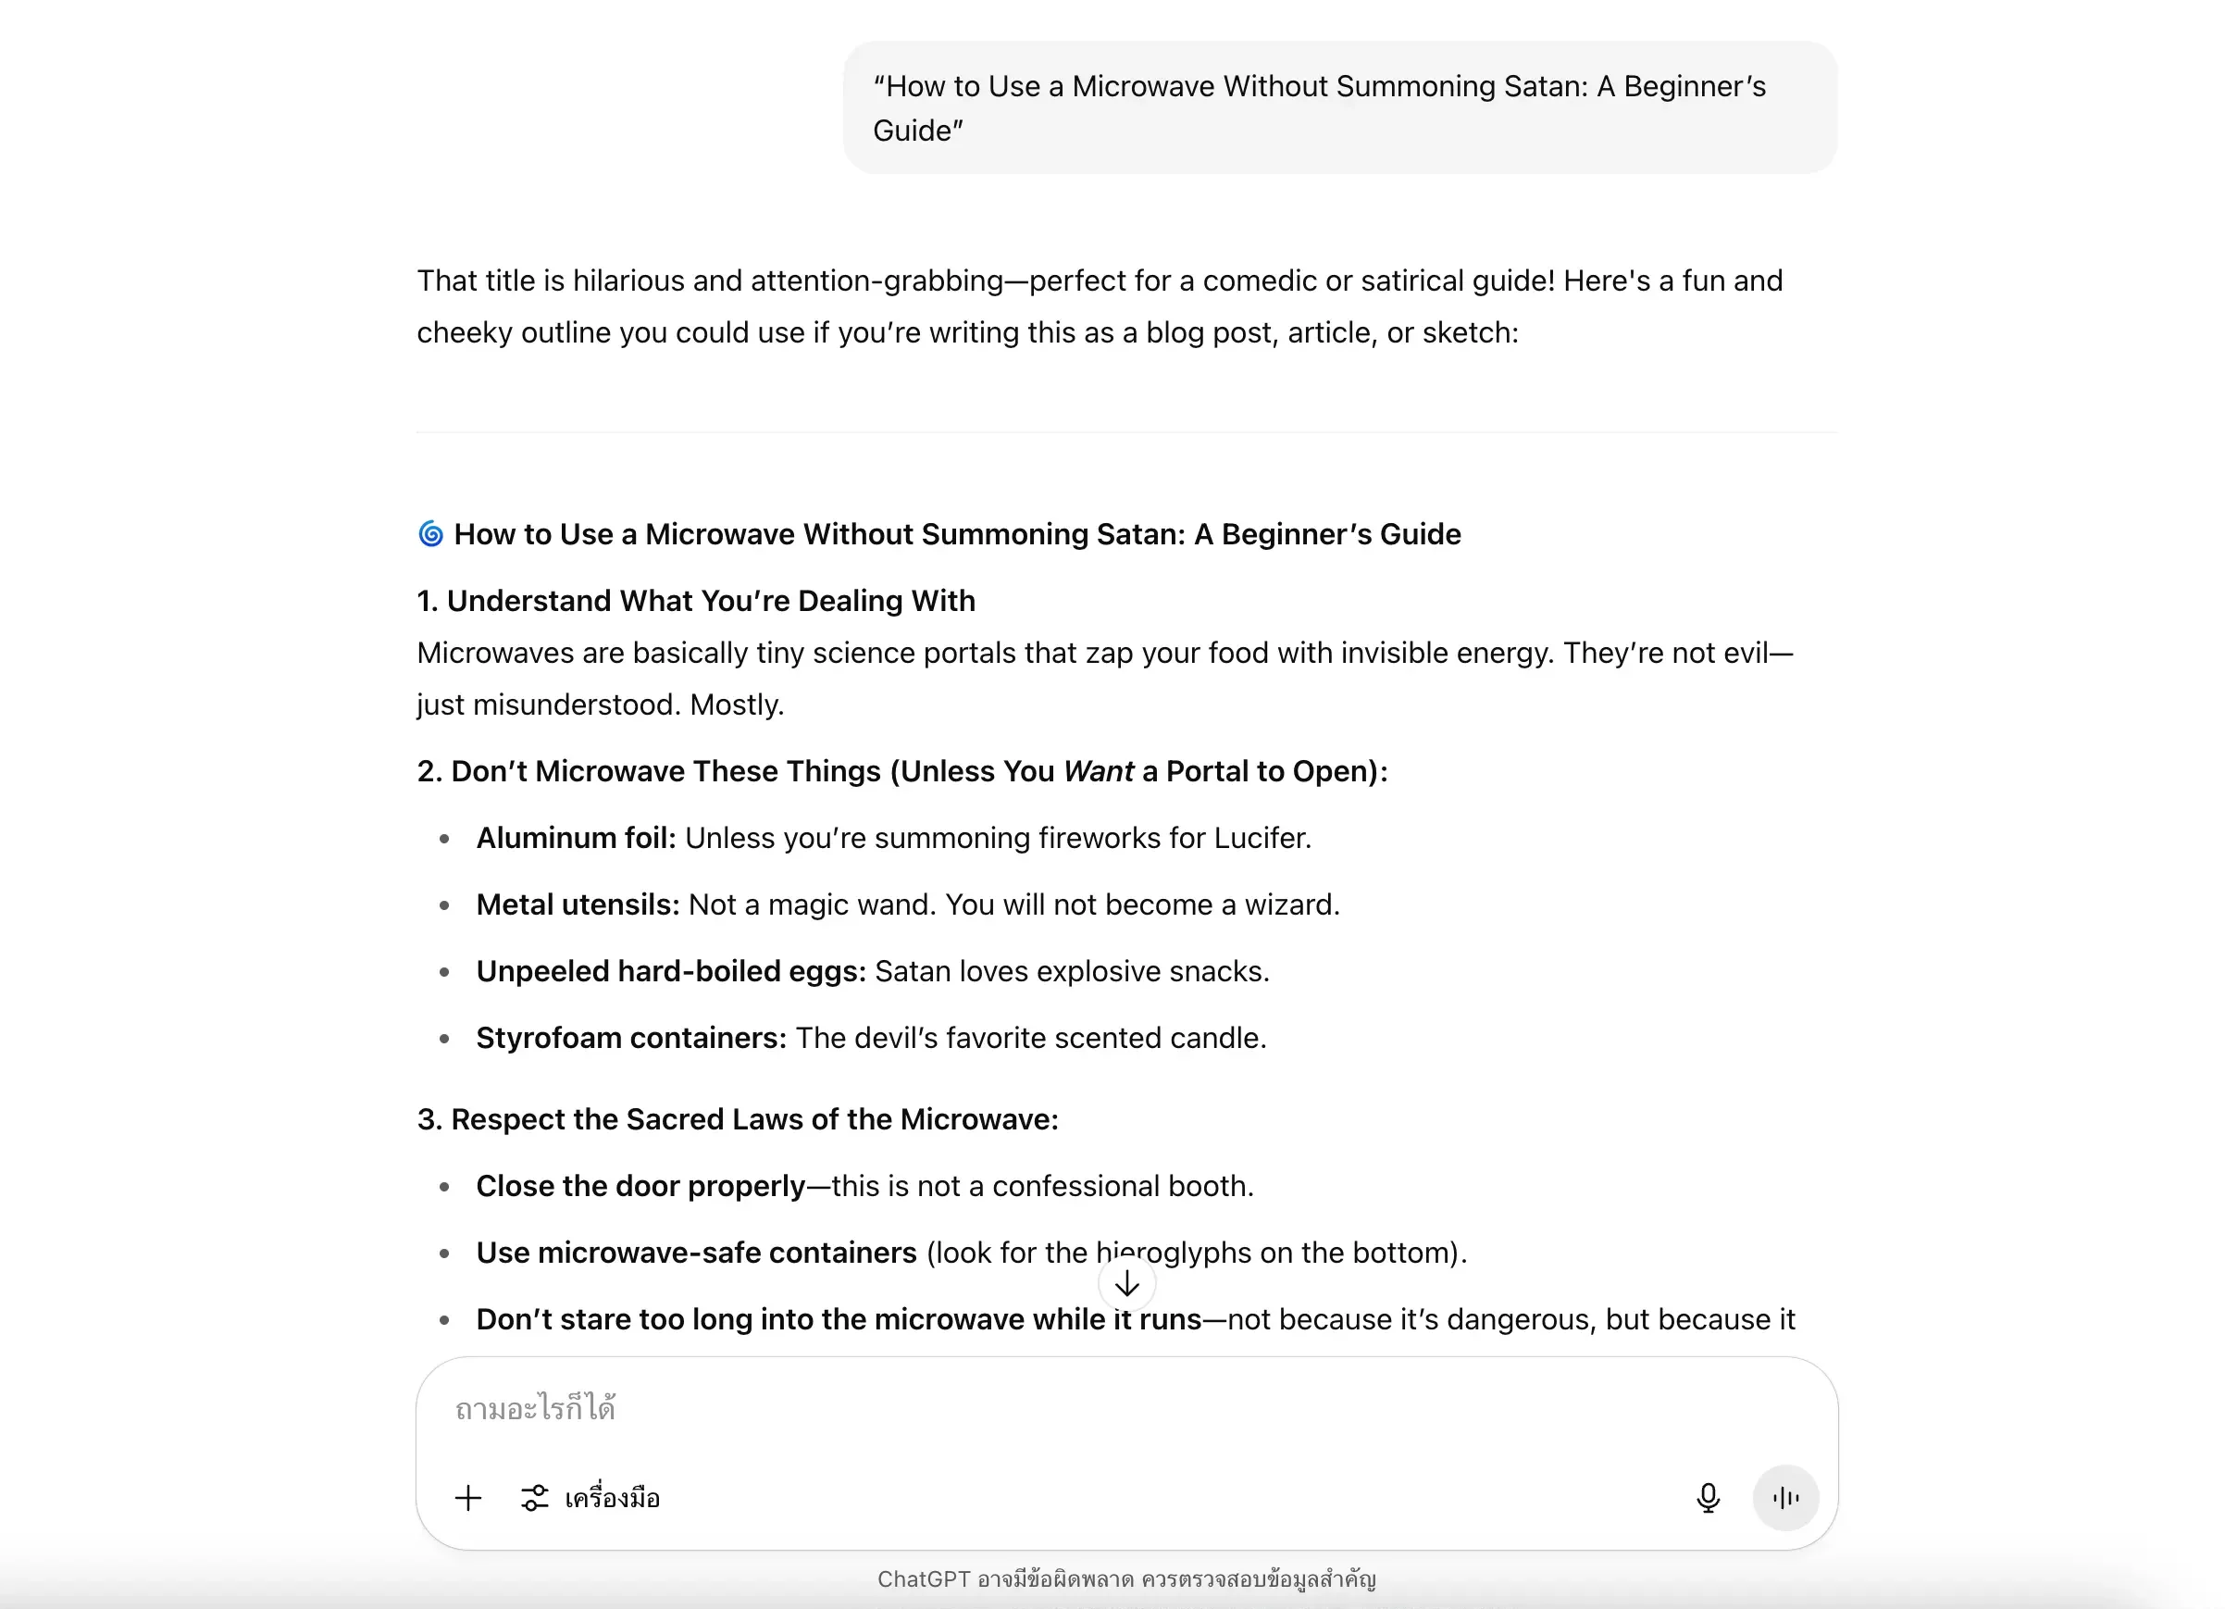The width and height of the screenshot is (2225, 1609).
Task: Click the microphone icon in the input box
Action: coord(1708,1497)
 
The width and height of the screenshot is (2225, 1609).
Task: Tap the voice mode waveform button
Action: coord(1785,1497)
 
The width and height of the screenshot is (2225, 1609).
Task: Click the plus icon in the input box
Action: coord(468,1498)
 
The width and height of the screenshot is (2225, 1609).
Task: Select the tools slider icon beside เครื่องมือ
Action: coord(535,1498)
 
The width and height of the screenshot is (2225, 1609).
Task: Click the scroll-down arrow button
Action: coord(1127,1283)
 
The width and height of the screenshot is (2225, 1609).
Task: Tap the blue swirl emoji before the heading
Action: coord(430,534)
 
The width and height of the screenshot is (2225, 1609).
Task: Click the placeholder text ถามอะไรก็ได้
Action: coord(536,1409)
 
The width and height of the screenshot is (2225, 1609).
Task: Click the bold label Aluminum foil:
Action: coord(576,838)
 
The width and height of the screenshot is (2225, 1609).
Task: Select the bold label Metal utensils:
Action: coord(578,904)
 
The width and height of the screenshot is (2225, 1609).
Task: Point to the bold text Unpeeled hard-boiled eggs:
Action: coord(671,971)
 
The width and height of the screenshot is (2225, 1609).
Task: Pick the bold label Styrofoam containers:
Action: coord(631,1038)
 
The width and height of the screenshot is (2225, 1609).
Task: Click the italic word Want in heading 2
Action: coord(1098,771)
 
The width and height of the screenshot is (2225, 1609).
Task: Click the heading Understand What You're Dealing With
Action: coord(710,601)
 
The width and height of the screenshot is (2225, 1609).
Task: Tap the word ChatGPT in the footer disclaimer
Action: coord(923,1578)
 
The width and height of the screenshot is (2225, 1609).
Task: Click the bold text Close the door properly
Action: coord(640,1186)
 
